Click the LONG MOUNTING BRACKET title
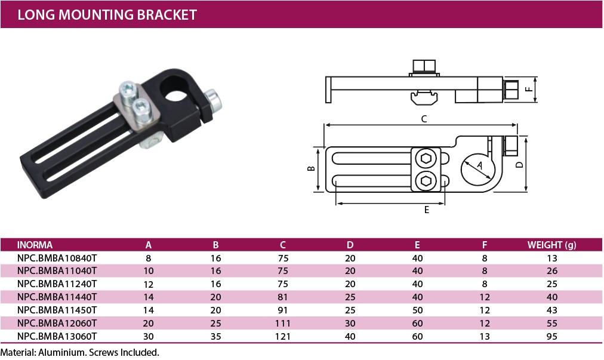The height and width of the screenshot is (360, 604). coord(107,15)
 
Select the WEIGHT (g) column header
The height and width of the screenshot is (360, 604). coord(551,245)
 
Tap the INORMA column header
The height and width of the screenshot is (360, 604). coord(35,245)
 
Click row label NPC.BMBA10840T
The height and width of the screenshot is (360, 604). coord(57,258)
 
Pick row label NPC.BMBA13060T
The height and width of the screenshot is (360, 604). coord(57,336)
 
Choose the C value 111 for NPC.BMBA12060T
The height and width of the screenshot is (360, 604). coord(283,323)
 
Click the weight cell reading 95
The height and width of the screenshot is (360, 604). coord(551,336)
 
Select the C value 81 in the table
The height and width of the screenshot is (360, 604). coord(283,297)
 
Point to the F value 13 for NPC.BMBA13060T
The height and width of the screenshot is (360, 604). coord(485,336)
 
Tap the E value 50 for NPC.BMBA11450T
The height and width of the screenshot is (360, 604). coord(417,310)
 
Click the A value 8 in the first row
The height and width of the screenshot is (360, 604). coord(148,258)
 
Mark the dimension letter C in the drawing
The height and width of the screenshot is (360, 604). coord(424,119)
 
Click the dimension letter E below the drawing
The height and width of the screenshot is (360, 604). coord(426,210)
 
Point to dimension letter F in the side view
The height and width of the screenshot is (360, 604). coord(529,90)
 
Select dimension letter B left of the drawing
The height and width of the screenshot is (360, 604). coord(311,168)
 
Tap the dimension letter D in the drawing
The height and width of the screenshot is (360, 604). coord(520,165)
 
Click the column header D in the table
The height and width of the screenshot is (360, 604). coord(350,245)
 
